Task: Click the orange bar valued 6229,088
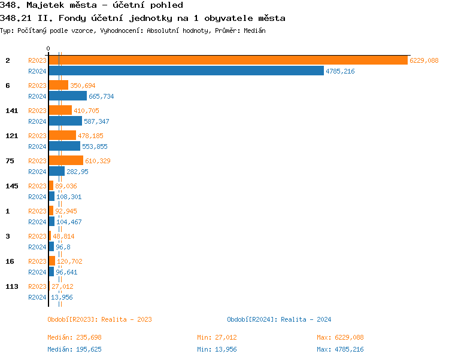227,60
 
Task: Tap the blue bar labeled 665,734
68,96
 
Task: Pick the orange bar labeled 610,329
66,161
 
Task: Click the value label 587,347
96,121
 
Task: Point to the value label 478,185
90,136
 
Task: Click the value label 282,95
77,172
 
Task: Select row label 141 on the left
11,111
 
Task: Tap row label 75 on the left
10,161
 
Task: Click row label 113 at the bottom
11,286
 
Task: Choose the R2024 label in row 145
37,197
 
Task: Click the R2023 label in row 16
37,261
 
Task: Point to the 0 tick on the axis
48,49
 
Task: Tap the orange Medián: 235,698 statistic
78,337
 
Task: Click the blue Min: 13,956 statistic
220,349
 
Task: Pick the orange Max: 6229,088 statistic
340,337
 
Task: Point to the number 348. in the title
10,5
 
